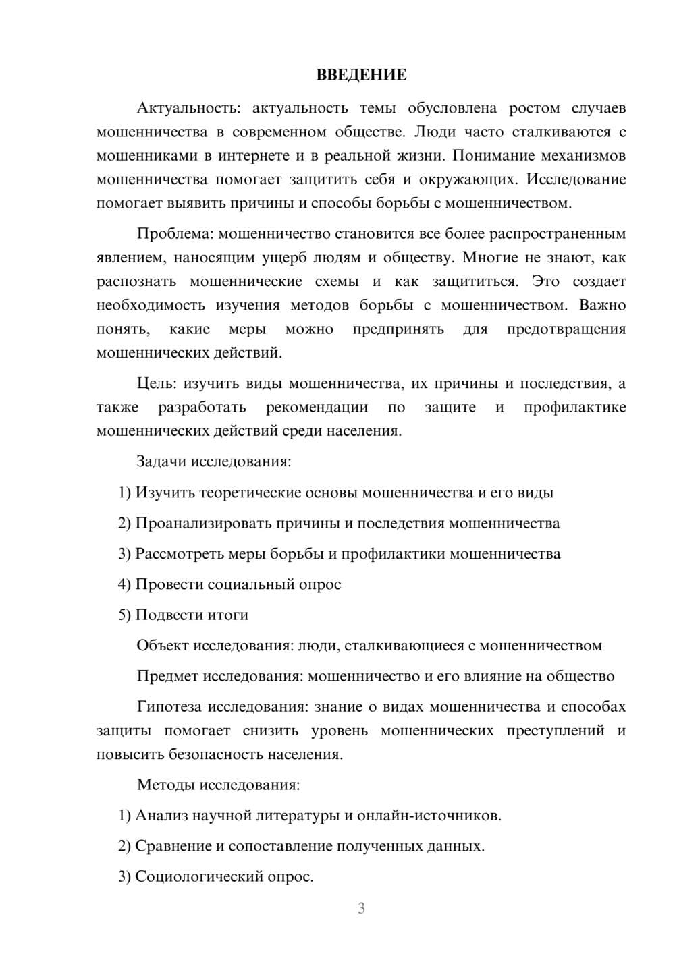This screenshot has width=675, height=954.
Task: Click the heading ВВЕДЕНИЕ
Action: coord(361,75)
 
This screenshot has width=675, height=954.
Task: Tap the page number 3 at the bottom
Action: coord(361,908)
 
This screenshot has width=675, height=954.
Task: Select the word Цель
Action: coord(157,383)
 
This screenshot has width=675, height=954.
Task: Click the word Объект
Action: coord(163,645)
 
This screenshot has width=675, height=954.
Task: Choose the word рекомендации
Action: coord(317,407)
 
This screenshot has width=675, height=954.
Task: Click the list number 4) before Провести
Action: coord(124,584)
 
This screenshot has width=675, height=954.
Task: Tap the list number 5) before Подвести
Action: coord(124,615)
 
